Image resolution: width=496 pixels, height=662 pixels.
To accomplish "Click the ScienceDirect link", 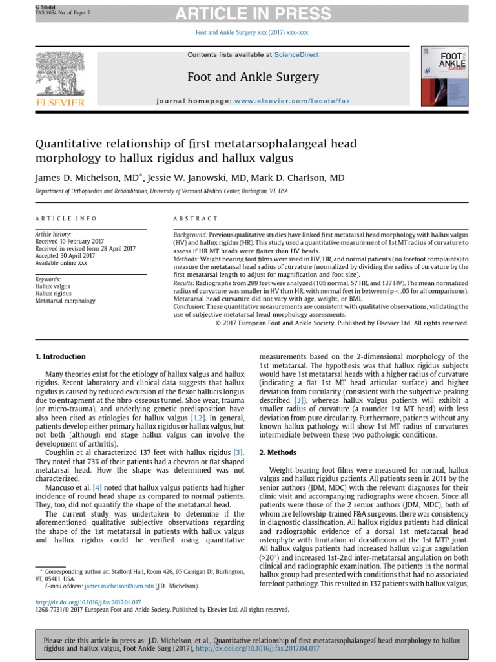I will (296, 55).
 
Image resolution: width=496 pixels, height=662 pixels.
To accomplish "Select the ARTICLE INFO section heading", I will (66, 219).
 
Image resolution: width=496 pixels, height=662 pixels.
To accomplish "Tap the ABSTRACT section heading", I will (196, 219).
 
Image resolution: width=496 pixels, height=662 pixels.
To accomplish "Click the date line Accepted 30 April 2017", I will (65, 255).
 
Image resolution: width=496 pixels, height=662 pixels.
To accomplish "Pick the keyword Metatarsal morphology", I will (65, 301).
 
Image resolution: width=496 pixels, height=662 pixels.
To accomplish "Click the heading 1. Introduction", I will (60, 356).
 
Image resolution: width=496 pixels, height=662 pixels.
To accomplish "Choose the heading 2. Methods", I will (278, 451).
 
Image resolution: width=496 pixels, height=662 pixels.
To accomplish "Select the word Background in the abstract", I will (190, 234).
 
